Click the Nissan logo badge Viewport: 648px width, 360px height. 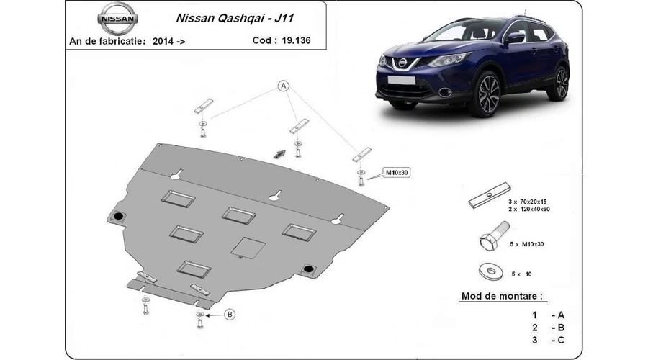pos(118,19)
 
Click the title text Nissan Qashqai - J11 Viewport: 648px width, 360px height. pos(235,19)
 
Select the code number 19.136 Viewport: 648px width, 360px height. pos(297,40)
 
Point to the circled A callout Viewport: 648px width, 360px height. pos(284,86)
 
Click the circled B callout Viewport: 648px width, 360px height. pos(230,315)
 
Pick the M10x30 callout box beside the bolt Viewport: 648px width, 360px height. pos(397,172)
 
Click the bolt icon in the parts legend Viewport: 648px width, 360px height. pos(494,235)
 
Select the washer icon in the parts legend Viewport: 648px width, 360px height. pos(491,271)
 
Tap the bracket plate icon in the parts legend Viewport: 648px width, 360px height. pos(490,195)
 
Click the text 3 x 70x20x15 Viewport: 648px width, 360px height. pos(527,202)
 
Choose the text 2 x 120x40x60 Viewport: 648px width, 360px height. pos(529,209)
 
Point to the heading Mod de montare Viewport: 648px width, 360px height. pos(502,296)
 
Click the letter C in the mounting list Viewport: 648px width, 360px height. pos(561,340)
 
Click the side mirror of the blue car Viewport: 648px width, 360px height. pos(515,38)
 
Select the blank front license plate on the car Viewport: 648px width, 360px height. pos(401,80)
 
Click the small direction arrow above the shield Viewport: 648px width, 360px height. pos(279,154)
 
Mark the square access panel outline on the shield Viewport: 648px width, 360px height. pos(248,248)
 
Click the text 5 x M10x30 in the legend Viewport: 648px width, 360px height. pos(526,244)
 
